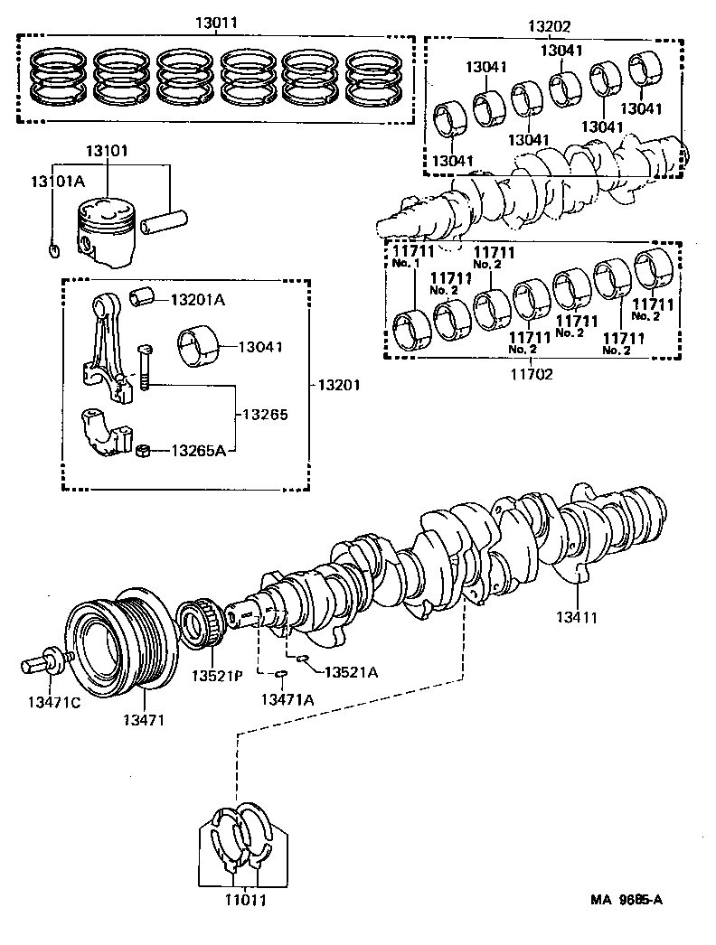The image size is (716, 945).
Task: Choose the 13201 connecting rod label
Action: tap(338, 385)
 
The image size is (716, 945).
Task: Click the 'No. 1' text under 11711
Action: tap(407, 263)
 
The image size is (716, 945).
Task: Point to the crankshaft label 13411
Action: tap(577, 618)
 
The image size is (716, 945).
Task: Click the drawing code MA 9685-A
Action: tap(627, 899)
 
